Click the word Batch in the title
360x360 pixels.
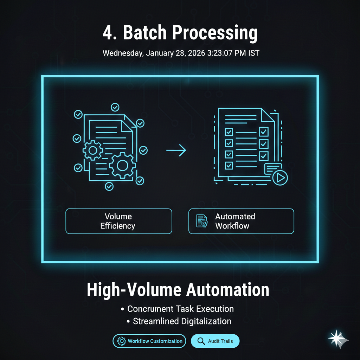tap(145, 33)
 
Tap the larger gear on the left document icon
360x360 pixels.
tap(122, 165)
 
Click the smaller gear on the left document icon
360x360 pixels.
tap(93, 150)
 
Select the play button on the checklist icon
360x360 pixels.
tap(280, 178)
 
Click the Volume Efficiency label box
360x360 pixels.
tap(118, 221)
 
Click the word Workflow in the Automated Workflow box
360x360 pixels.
tap(232, 226)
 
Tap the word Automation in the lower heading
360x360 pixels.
tap(227, 290)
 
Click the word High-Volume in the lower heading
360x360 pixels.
tap(134, 290)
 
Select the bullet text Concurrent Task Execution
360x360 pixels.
tap(180, 309)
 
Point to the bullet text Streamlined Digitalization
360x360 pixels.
tap(182, 321)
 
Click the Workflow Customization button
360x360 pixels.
tap(149, 341)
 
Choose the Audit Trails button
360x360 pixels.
tap(215, 341)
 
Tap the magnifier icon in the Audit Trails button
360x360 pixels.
tap(201, 341)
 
